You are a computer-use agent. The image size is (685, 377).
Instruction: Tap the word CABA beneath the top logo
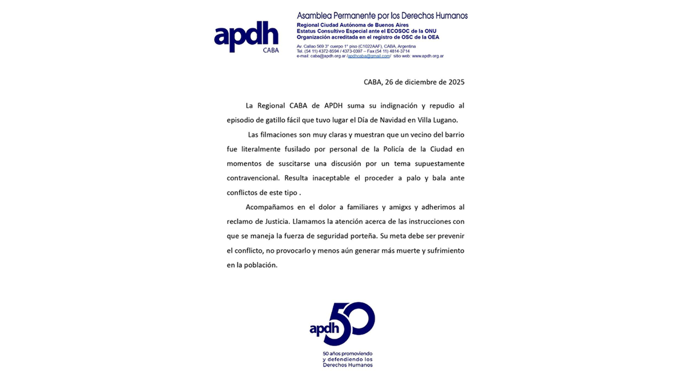271,50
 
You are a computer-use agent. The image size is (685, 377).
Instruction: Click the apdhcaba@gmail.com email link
369,56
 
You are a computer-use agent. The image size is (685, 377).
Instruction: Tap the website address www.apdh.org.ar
428,56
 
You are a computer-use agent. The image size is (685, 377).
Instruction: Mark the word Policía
373,149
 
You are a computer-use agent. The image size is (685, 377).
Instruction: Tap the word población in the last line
260,265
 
